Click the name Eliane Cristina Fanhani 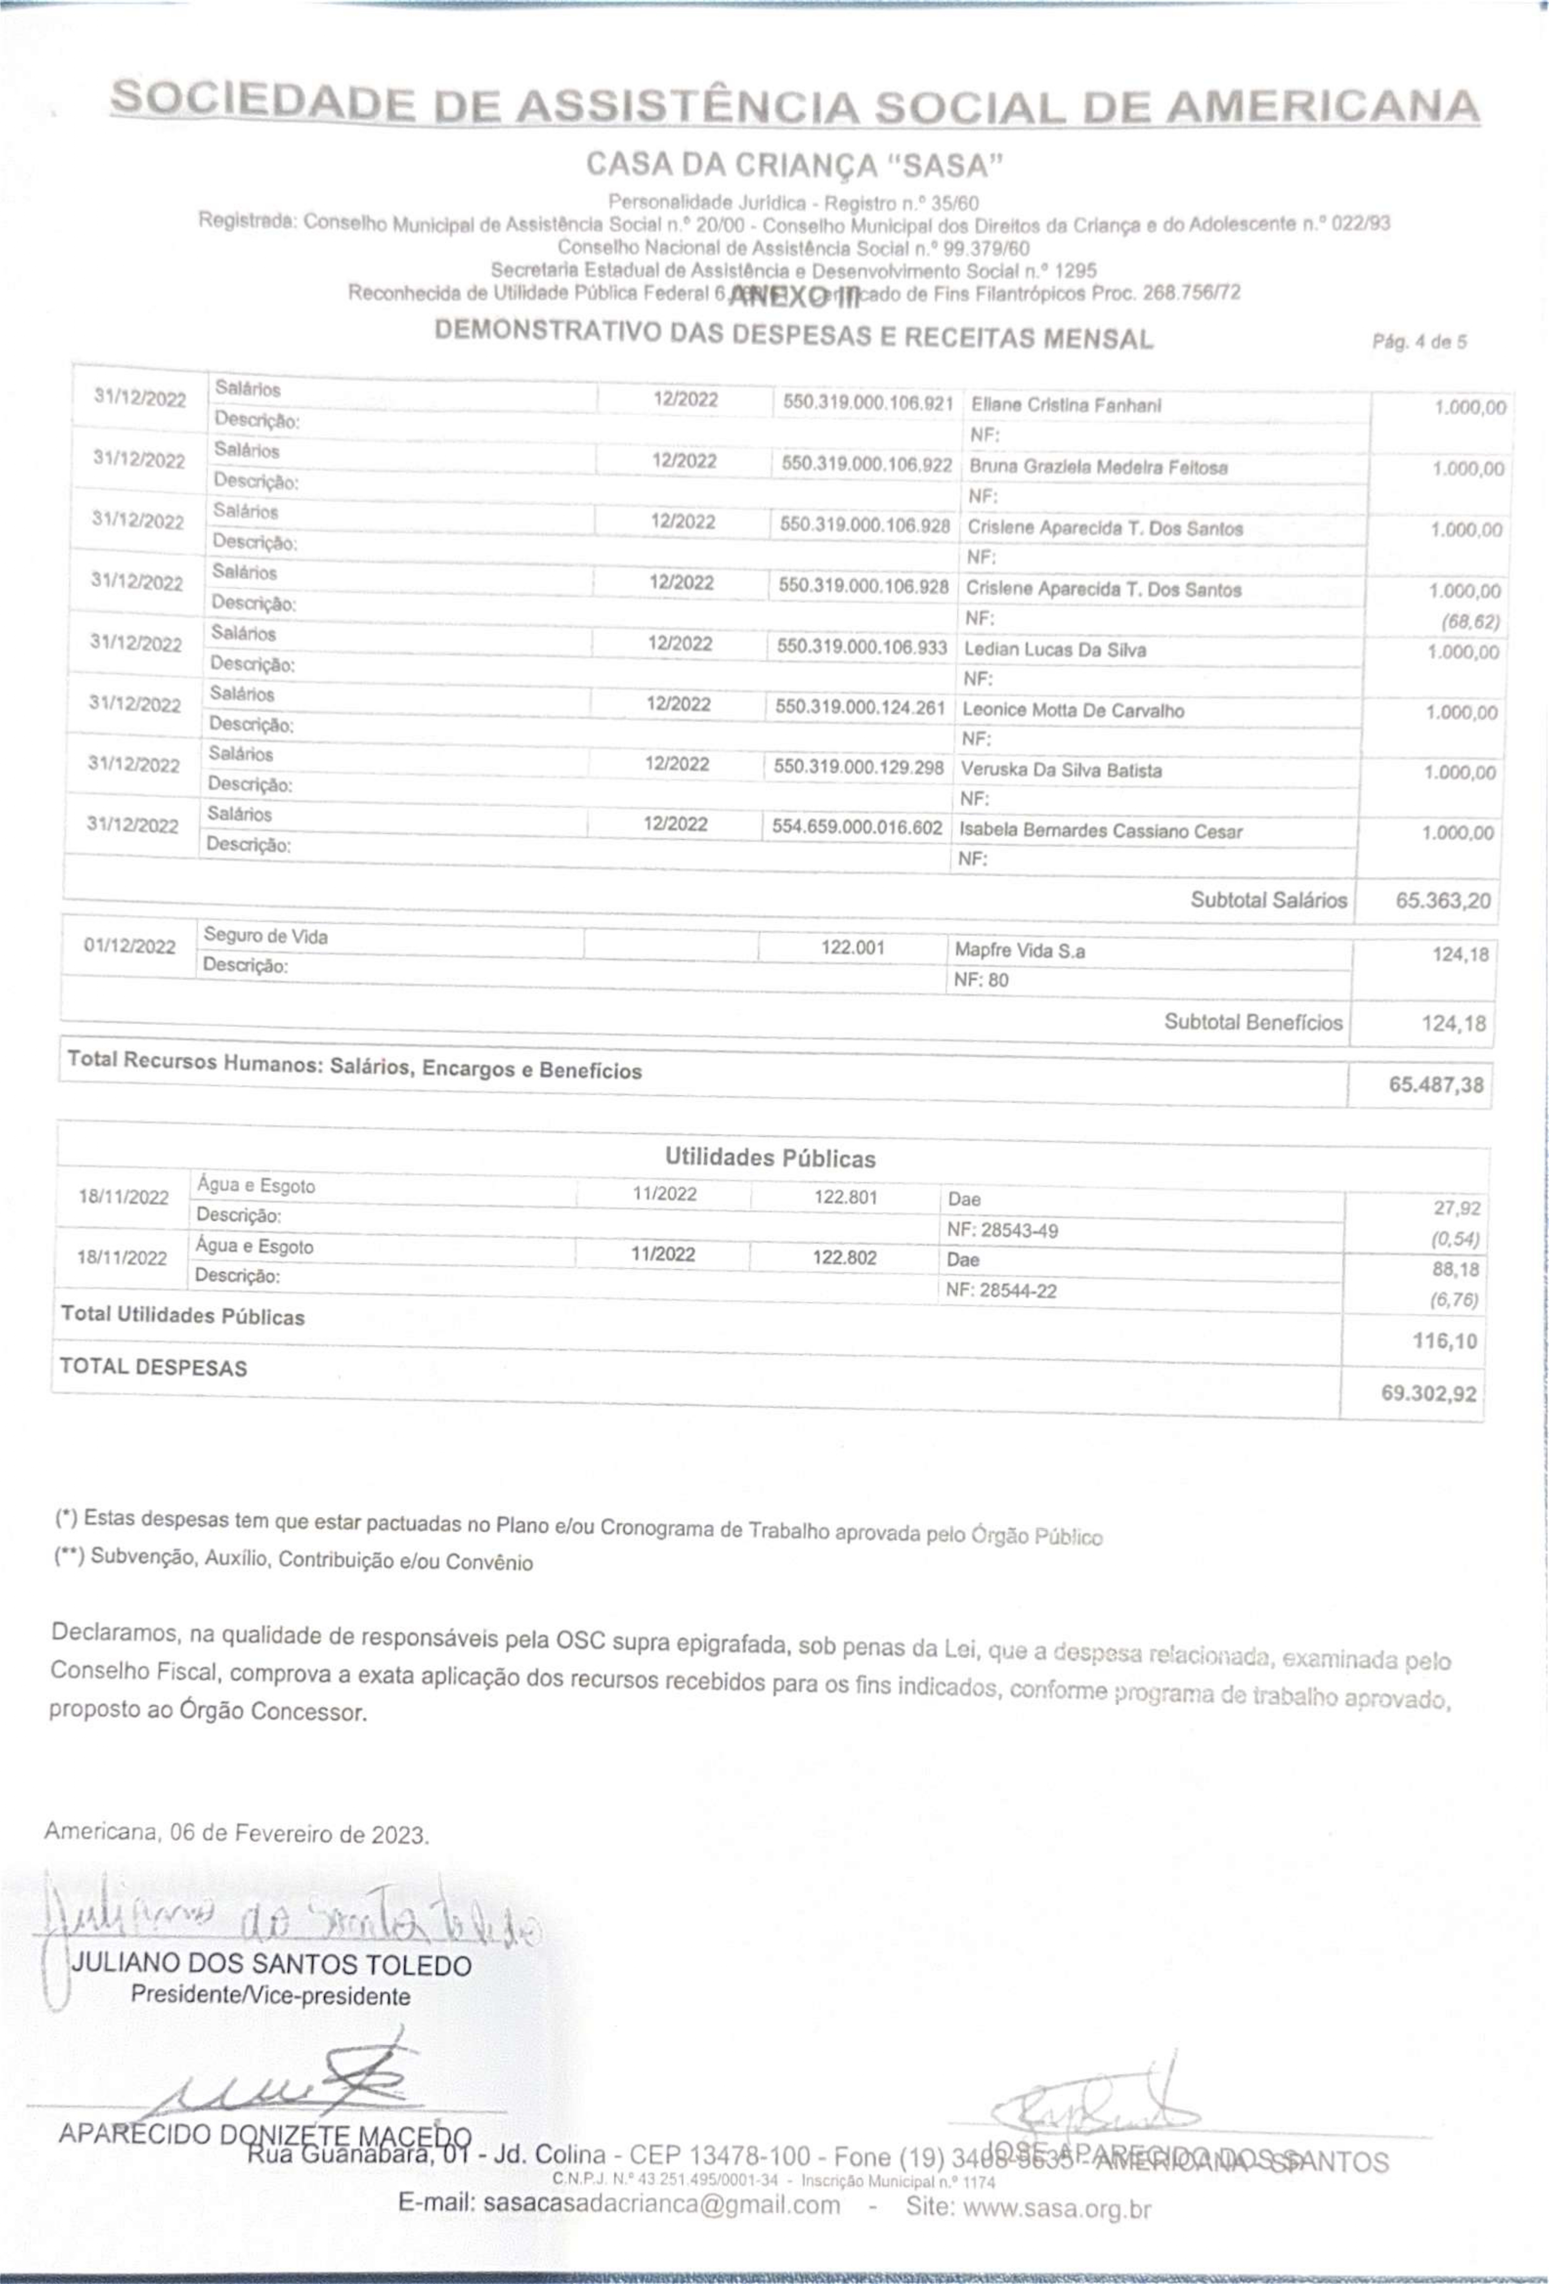1065,405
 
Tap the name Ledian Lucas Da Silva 1055,650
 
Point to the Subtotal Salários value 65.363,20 1442,900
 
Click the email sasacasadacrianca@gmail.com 619,2204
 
